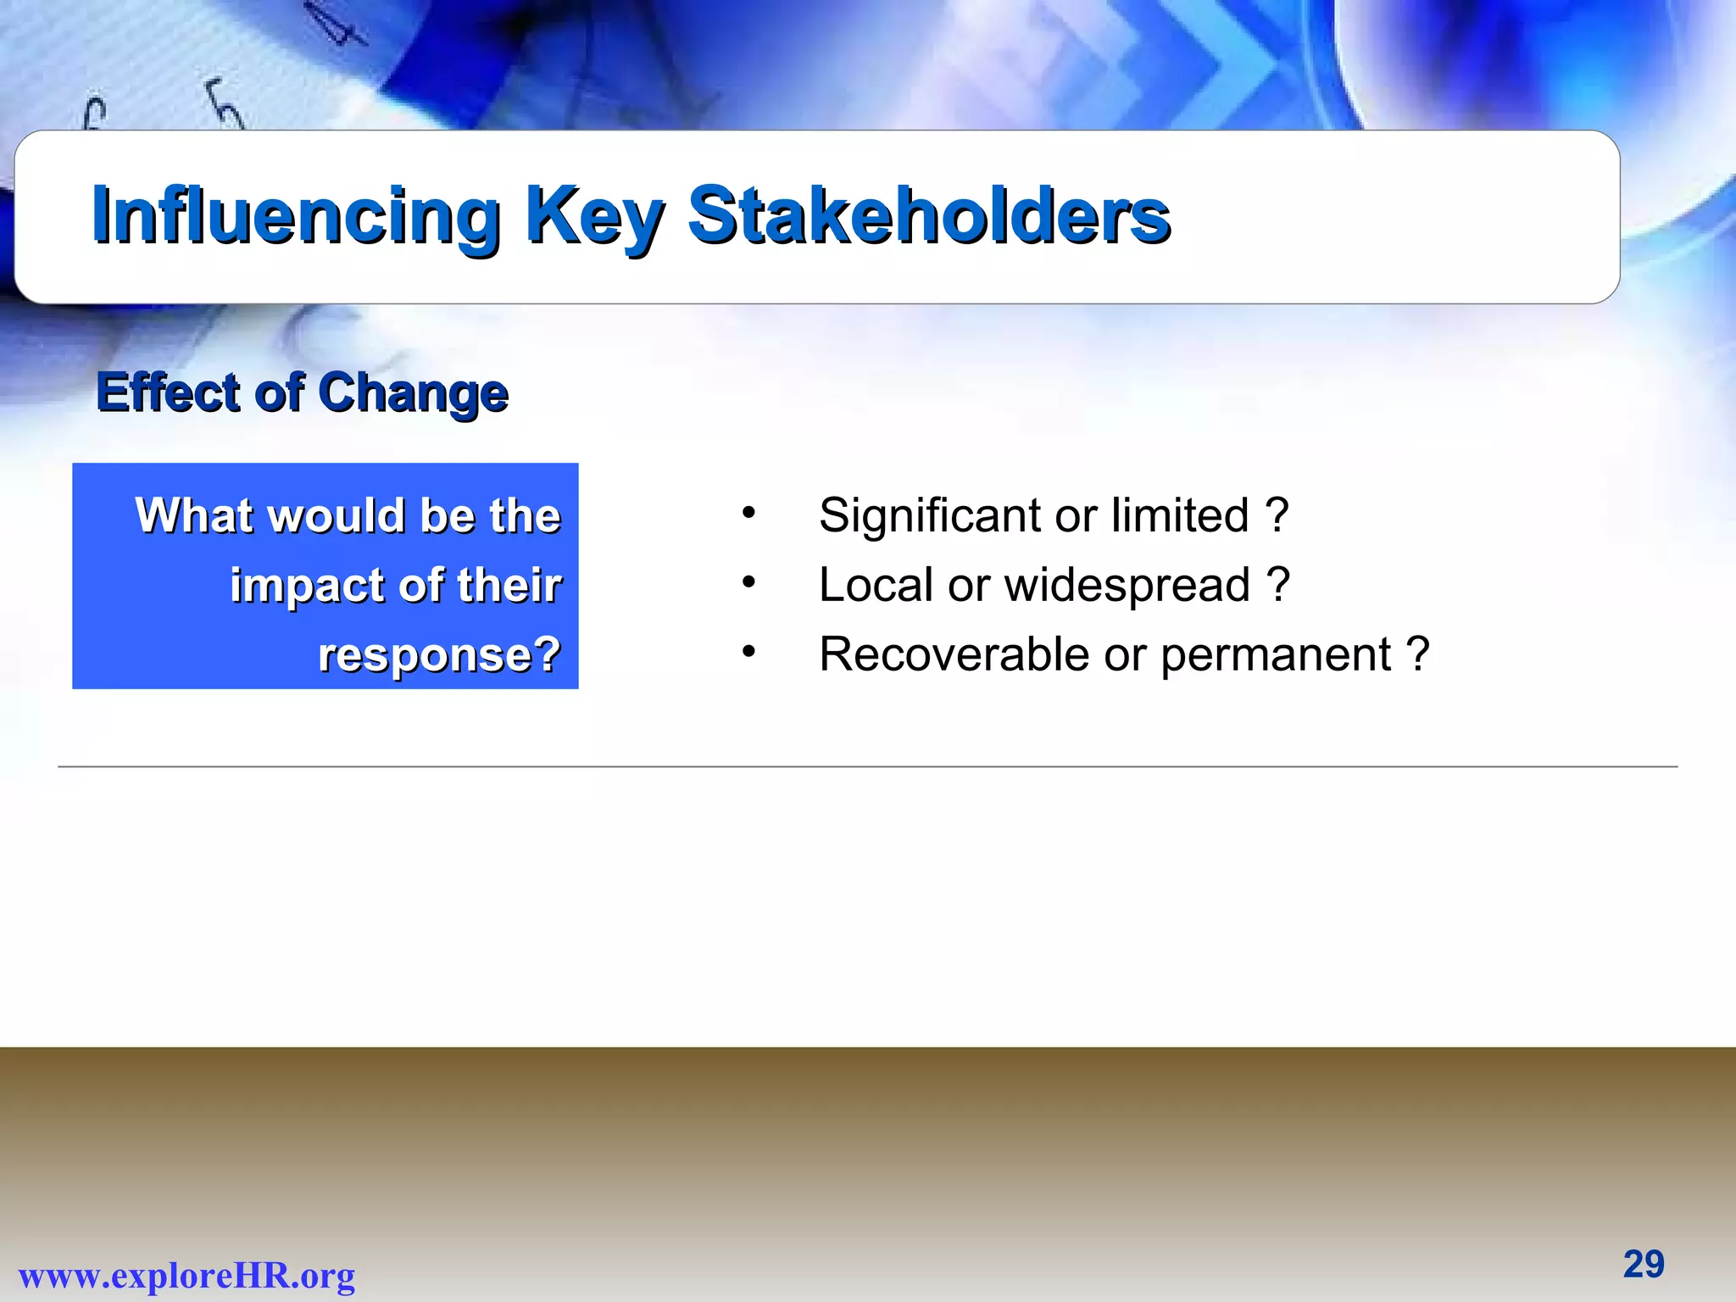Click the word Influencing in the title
(x=296, y=217)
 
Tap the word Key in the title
(x=593, y=217)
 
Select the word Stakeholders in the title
(x=929, y=215)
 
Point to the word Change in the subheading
(x=414, y=394)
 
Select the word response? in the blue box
(x=439, y=655)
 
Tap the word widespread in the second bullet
(x=1127, y=587)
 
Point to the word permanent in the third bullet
(x=1276, y=656)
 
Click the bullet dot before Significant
(x=748, y=512)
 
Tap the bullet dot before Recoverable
(x=748, y=651)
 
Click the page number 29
(x=1644, y=1265)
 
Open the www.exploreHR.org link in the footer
(x=187, y=1276)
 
